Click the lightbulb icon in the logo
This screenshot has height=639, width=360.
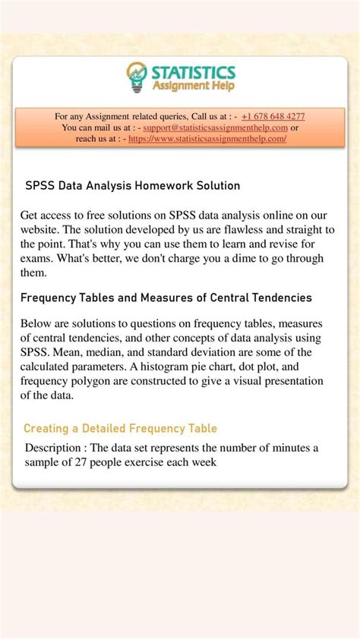click(x=137, y=77)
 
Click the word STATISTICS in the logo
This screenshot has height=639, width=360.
click(x=193, y=72)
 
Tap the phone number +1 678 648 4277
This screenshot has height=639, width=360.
click(x=273, y=116)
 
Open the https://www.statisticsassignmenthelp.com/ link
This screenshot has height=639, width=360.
click(x=207, y=139)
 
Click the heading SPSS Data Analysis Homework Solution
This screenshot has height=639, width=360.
click(x=133, y=185)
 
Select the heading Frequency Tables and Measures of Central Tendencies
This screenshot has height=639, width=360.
click(x=166, y=297)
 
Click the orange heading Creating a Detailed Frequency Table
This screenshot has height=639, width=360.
click(x=120, y=428)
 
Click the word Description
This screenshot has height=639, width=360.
click(x=55, y=447)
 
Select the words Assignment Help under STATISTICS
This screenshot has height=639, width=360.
click(x=193, y=86)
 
